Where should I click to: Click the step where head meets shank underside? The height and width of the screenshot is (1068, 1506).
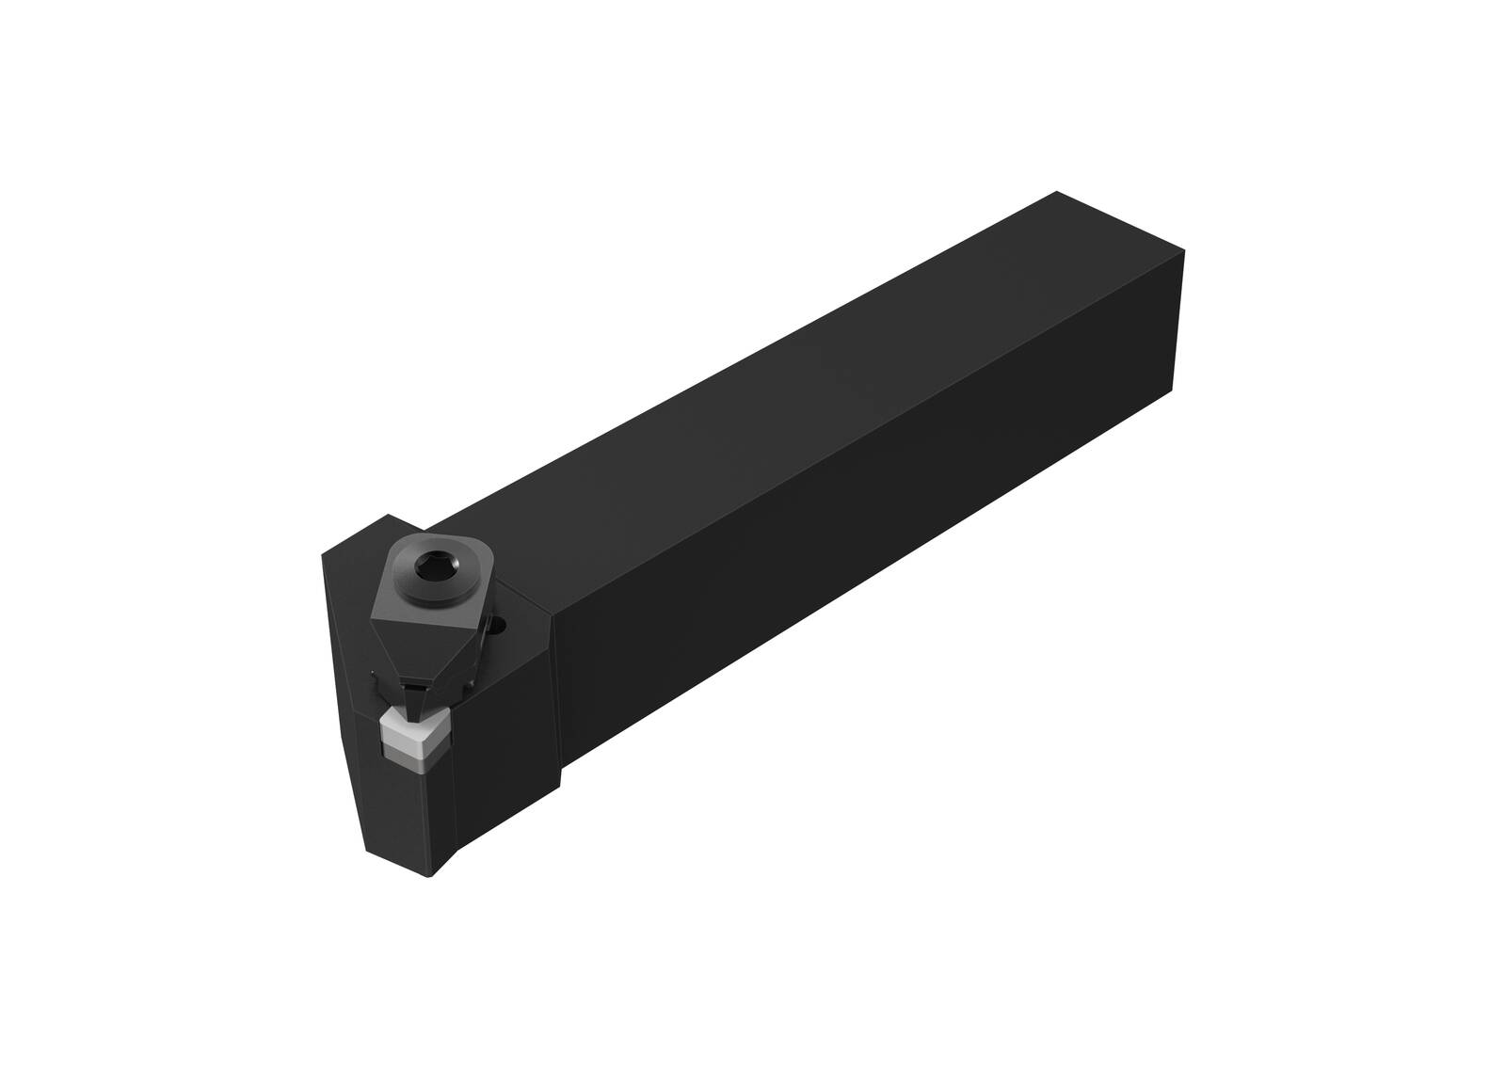[x=562, y=781]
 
